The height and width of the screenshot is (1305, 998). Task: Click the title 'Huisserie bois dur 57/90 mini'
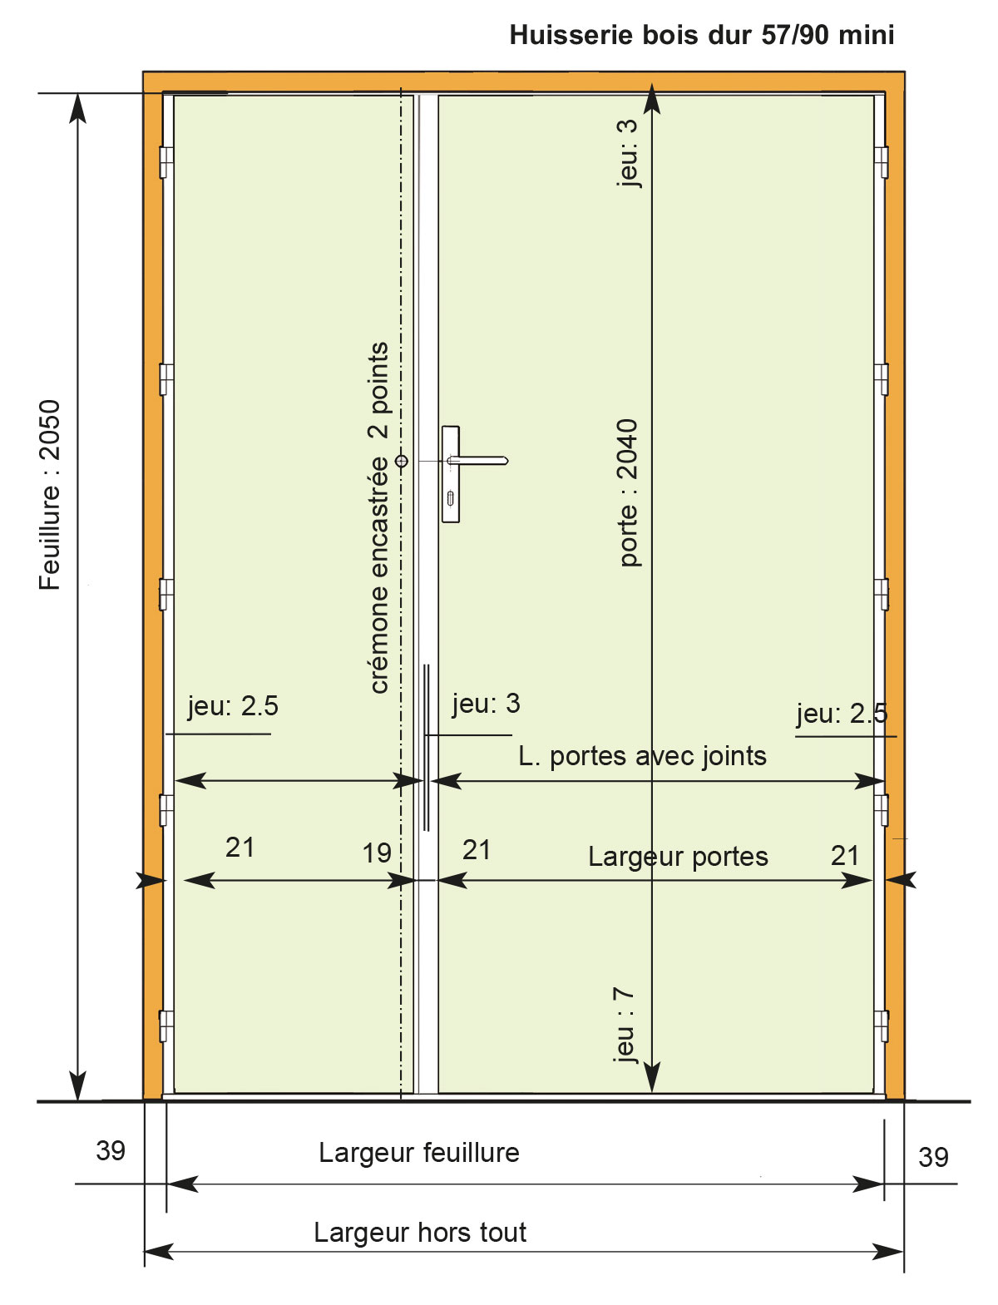pos(701,35)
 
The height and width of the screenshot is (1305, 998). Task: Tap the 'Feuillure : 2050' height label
pos(50,495)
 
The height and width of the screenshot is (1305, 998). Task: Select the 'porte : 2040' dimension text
pos(627,493)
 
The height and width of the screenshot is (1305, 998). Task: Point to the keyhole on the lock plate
pos(450,499)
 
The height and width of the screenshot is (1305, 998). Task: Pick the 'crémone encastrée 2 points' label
pos(378,518)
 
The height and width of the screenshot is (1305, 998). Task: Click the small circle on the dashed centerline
pos(402,461)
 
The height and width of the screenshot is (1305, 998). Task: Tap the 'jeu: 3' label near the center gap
pos(486,704)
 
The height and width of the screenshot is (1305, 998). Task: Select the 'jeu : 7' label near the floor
pos(624,1025)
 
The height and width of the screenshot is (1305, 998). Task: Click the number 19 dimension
pos(377,853)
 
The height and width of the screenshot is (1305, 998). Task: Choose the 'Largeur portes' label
pos(678,857)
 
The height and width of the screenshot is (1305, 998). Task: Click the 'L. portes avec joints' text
pos(643,756)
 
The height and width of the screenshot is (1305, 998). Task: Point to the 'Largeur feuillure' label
pos(419,1153)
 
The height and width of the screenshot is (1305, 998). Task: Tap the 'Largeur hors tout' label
pos(420,1233)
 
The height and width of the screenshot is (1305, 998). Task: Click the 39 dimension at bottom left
pos(111,1151)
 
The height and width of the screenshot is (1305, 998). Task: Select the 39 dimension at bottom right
pos(933,1158)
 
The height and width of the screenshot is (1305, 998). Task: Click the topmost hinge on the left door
pos(166,162)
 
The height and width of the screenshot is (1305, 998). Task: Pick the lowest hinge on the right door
pos(882,1026)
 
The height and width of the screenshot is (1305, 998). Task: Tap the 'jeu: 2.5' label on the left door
pos(233,706)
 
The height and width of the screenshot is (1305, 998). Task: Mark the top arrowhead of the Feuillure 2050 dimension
pos(78,108)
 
